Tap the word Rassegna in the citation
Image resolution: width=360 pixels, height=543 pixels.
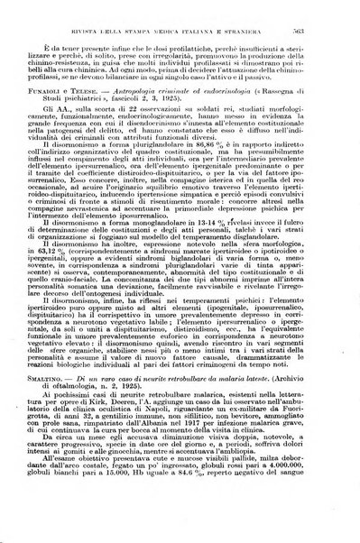298,99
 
